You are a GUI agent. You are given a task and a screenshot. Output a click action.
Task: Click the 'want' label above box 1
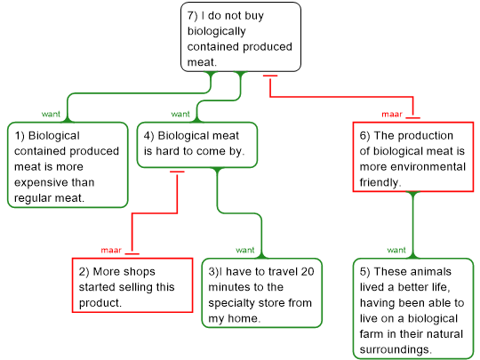click(51, 114)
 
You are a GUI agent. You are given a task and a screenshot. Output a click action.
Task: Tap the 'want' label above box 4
click(180, 114)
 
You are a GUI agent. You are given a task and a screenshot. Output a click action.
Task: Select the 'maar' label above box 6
click(392, 114)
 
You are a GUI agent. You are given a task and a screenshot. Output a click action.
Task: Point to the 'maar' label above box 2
click(111, 250)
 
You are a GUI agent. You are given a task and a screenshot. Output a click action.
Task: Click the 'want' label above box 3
click(245, 250)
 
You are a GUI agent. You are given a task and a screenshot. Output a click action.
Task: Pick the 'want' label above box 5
click(396, 250)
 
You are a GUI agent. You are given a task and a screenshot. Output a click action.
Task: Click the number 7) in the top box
click(193, 15)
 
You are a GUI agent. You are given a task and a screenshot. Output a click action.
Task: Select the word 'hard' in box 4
click(169, 151)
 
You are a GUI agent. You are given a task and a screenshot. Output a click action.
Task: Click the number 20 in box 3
click(308, 271)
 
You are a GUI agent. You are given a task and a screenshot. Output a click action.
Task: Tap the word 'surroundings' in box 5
click(395, 349)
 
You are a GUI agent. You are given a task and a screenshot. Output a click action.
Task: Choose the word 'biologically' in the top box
click(216, 31)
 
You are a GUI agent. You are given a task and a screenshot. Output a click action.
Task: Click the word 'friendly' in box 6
click(379, 182)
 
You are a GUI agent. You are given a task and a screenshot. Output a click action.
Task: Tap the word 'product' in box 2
click(100, 303)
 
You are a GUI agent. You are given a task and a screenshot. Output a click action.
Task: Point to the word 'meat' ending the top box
click(201, 62)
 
